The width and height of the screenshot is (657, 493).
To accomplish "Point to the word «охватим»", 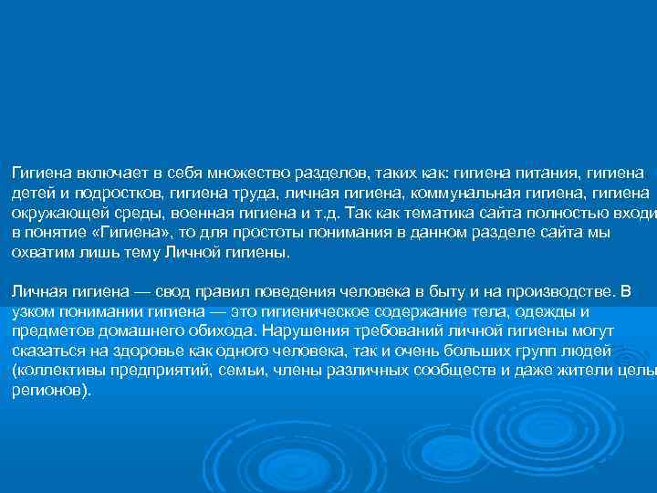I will [x=42, y=252].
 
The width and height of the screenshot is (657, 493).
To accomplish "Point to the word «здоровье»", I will [x=129, y=352].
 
